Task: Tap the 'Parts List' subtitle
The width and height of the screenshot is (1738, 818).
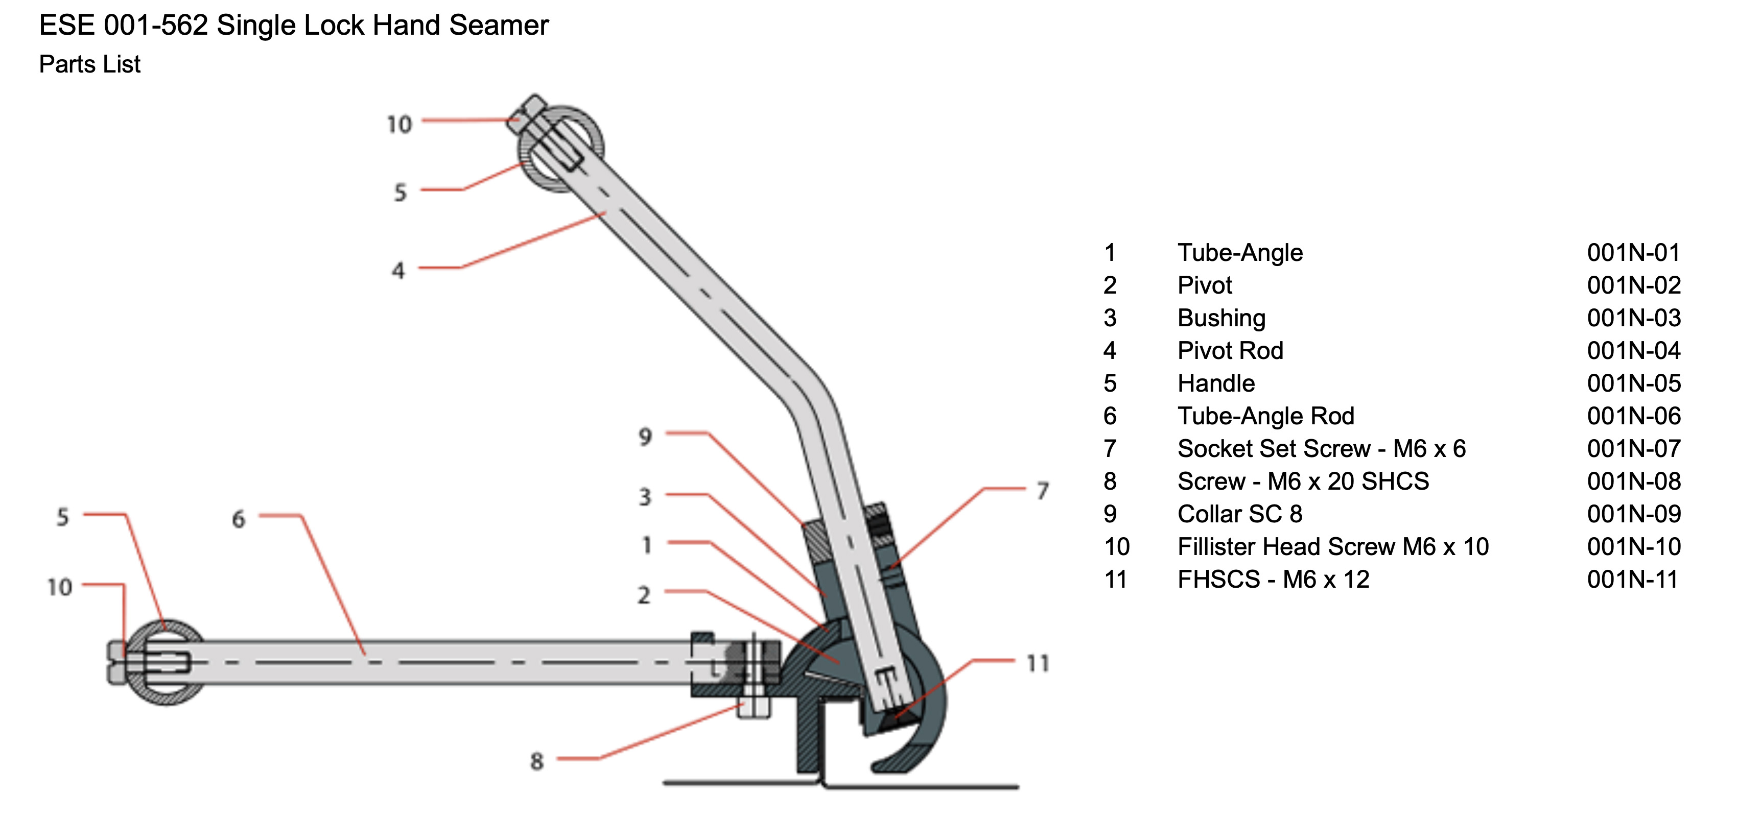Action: pos(90,64)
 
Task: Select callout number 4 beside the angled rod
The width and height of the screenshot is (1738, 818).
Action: pos(398,271)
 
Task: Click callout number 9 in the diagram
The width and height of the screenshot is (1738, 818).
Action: pos(645,437)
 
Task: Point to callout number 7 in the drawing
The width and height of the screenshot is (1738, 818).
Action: pos(1042,490)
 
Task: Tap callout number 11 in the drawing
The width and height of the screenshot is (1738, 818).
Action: pos(1038,664)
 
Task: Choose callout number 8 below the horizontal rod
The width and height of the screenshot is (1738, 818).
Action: pos(536,761)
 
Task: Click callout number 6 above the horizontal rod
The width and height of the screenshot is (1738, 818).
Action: pos(238,519)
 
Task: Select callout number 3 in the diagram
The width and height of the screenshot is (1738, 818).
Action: pos(645,497)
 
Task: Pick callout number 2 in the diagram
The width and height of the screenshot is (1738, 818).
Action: pos(644,595)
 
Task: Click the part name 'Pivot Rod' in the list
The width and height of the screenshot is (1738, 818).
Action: pos(1230,351)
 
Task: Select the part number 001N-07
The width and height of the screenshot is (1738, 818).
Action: pos(1633,448)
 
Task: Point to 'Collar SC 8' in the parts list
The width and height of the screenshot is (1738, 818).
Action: pos(1239,514)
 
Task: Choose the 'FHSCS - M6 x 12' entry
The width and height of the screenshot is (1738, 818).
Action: pos(1273,579)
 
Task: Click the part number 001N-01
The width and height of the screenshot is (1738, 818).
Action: pos(1633,253)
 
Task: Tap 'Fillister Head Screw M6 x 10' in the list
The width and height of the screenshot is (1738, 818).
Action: pos(1332,547)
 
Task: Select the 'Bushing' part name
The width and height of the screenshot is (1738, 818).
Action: pos(1221,318)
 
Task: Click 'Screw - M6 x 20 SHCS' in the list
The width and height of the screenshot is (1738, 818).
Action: pos(1303,482)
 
